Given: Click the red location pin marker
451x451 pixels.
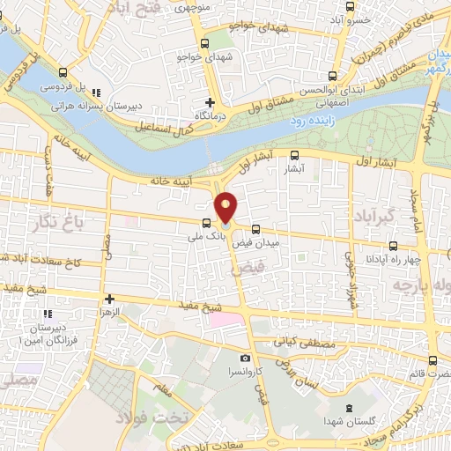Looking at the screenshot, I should tap(226, 207).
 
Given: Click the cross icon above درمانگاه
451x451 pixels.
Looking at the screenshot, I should tap(210, 102).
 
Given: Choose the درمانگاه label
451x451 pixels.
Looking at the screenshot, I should tap(209, 115).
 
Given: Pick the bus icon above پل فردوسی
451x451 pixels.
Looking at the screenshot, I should tap(63, 73).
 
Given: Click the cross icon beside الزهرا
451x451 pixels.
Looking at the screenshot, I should tap(109, 299).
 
